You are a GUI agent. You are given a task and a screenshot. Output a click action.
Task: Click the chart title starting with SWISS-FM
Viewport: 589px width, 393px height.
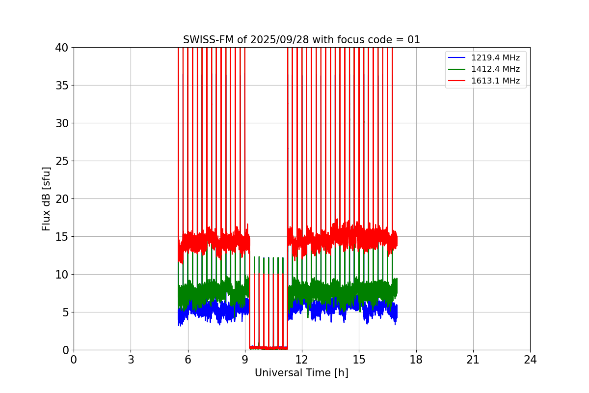[301, 40]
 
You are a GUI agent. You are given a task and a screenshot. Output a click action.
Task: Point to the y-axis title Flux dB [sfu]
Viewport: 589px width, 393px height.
[46, 198]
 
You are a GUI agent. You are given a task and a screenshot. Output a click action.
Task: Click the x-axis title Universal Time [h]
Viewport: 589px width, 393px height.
[301, 373]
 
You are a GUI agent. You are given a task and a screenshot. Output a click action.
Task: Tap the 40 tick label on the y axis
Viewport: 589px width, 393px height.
[62, 48]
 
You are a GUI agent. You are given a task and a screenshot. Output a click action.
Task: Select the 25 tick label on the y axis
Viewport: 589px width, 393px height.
[62, 161]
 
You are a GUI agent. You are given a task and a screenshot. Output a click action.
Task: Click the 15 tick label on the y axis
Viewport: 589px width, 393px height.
[62, 237]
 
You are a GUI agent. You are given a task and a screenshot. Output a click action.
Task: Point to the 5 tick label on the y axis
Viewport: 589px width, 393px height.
[65, 312]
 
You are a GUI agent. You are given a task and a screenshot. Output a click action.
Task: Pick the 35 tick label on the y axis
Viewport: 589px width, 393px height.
[62, 85]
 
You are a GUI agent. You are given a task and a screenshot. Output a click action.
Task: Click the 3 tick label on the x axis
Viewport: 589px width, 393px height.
[131, 360]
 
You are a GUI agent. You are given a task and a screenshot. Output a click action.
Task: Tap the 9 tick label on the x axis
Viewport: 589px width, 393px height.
[245, 360]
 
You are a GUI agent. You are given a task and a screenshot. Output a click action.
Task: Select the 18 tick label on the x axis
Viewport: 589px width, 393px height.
[416, 360]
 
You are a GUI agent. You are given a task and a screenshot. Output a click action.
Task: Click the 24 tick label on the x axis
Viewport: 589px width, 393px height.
[530, 360]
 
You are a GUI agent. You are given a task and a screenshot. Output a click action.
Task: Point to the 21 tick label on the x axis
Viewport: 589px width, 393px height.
[473, 360]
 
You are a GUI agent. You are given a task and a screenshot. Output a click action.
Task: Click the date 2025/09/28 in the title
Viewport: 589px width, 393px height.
[280, 40]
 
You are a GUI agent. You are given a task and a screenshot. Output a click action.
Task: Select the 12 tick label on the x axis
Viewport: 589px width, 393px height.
[302, 360]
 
